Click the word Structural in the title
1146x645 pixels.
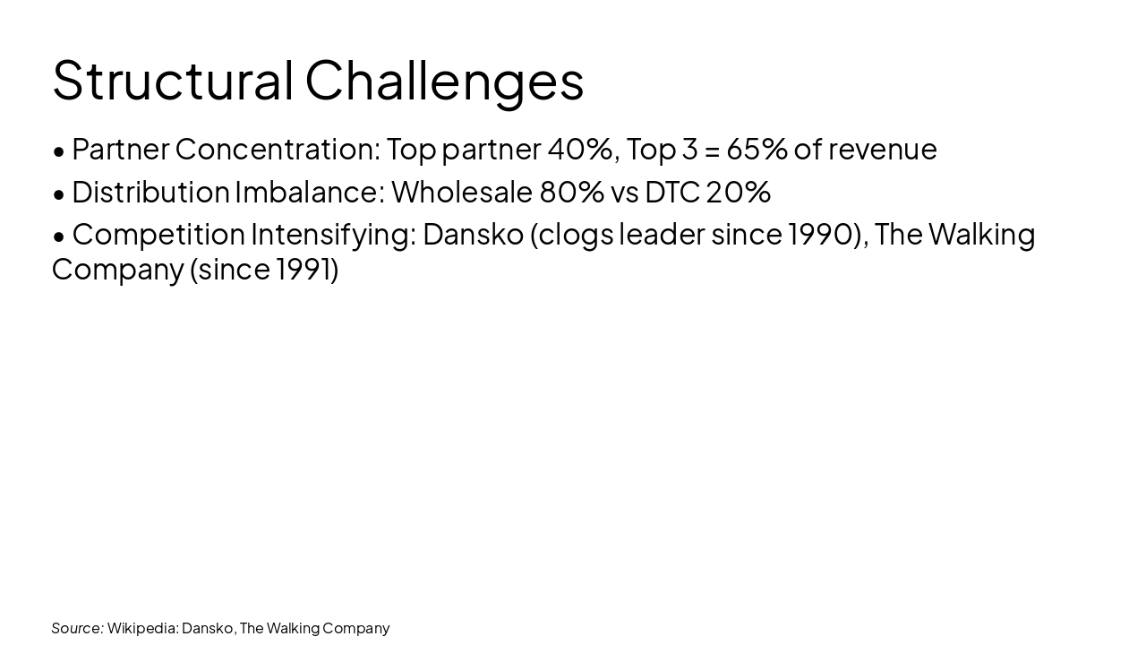coord(173,81)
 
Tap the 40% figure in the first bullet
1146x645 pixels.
coord(579,149)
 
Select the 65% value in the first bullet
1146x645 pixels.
coord(757,149)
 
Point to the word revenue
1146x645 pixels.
coord(882,150)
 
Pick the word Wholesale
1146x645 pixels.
coord(462,192)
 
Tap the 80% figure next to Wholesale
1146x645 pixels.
coord(571,192)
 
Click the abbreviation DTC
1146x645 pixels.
coord(671,192)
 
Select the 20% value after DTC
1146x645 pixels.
coord(738,192)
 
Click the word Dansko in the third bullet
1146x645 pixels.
coord(473,234)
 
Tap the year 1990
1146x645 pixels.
coord(820,234)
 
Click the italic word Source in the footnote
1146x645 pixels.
coord(77,628)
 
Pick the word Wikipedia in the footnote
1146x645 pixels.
coord(142,628)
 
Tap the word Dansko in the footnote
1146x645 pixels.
coord(208,628)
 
